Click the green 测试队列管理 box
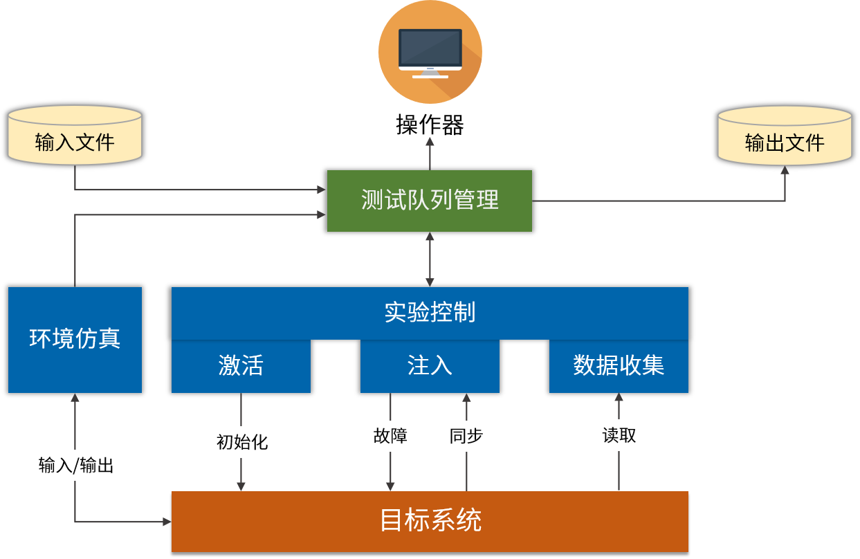[x=429, y=201]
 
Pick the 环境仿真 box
[x=75, y=340]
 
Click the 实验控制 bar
[x=430, y=313]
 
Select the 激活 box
[x=241, y=366]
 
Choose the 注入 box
[x=430, y=366]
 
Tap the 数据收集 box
[x=619, y=366]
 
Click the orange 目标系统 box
[x=430, y=521]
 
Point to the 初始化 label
[x=241, y=442]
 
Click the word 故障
[x=390, y=436]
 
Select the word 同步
[x=466, y=436]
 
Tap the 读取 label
[x=619, y=435]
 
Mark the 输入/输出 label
[x=76, y=465]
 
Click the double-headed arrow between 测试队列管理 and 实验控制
[x=430, y=259]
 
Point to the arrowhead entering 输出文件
[x=785, y=169]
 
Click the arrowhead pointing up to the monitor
[x=430, y=141]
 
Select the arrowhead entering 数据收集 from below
[x=619, y=398]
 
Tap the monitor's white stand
[x=430, y=73]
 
